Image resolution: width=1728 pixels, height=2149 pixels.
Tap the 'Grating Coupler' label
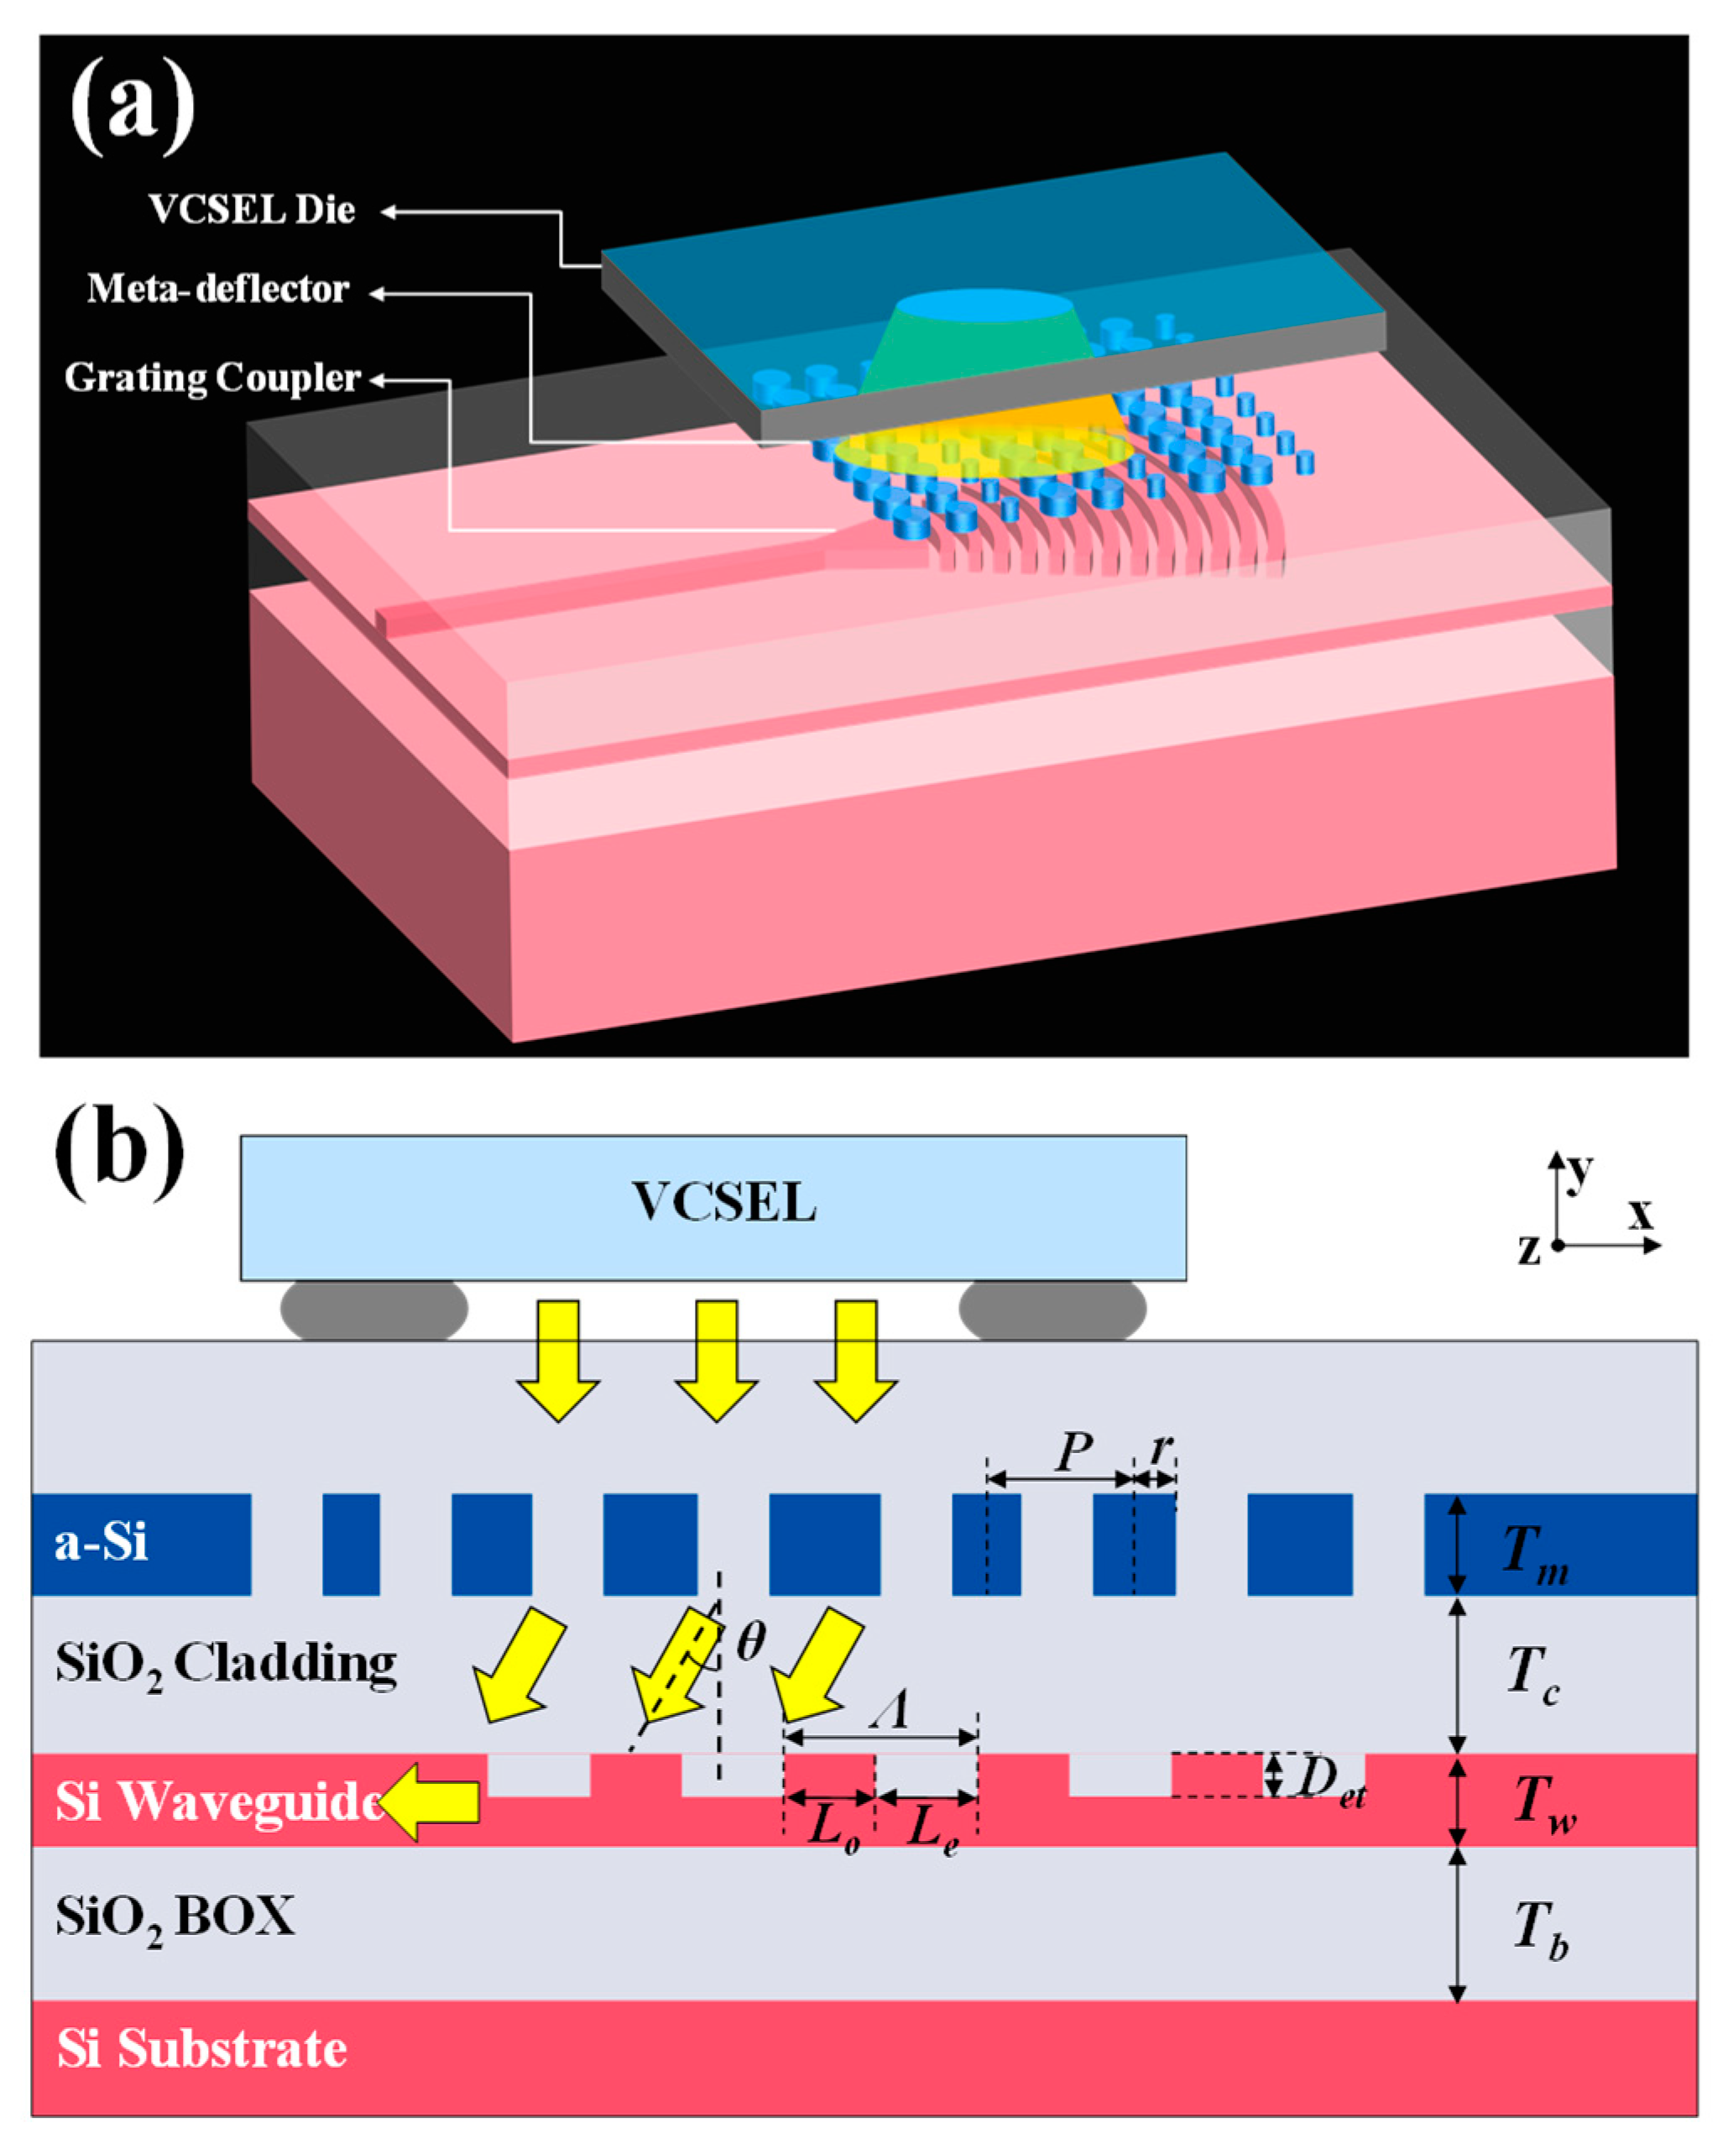(211, 379)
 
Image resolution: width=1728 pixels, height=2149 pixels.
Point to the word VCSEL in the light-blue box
(724, 1203)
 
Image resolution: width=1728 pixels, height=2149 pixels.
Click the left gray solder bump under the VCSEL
(373, 1310)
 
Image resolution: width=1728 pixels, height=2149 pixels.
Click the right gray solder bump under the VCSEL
(1052, 1310)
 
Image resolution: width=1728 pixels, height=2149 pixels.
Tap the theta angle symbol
(750, 1642)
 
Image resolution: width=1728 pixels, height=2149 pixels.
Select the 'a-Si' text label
(101, 1544)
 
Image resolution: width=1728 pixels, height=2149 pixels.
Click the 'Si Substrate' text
(202, 2049)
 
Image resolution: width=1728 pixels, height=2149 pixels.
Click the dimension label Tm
(1536, 1555)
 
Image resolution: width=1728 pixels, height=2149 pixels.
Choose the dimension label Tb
(1540, 1929)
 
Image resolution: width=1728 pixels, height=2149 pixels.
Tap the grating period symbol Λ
(890, 1711)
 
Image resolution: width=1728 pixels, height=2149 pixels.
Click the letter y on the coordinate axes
(1579, 1170)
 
